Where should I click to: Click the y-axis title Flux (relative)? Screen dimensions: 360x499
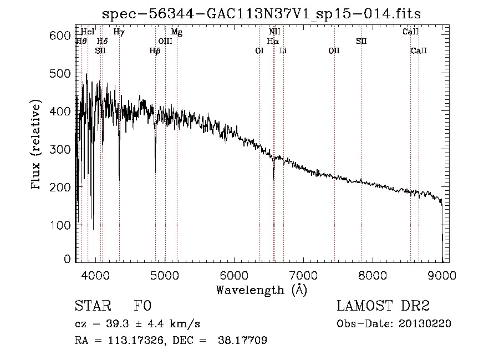[x=37, y=146]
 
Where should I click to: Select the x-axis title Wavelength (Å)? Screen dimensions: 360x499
[x=261, y=290]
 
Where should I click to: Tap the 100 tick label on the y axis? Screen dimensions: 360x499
[x=61, y=225]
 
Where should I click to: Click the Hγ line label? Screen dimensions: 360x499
[x=119, y=32]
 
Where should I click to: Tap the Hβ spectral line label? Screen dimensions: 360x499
[x=155, y=50]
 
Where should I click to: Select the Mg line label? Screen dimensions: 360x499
[x=176, y=32]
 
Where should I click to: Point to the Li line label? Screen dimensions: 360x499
[x=283, y=50]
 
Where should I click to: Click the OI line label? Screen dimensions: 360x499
[x=259, y=50]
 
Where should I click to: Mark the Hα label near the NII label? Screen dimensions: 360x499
[x=273, y=41]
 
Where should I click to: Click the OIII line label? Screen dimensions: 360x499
[x=165, y=41]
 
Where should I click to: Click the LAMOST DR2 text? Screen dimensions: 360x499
[x=383, y=307]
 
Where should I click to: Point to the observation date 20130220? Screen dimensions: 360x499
[x=425, y=324]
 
